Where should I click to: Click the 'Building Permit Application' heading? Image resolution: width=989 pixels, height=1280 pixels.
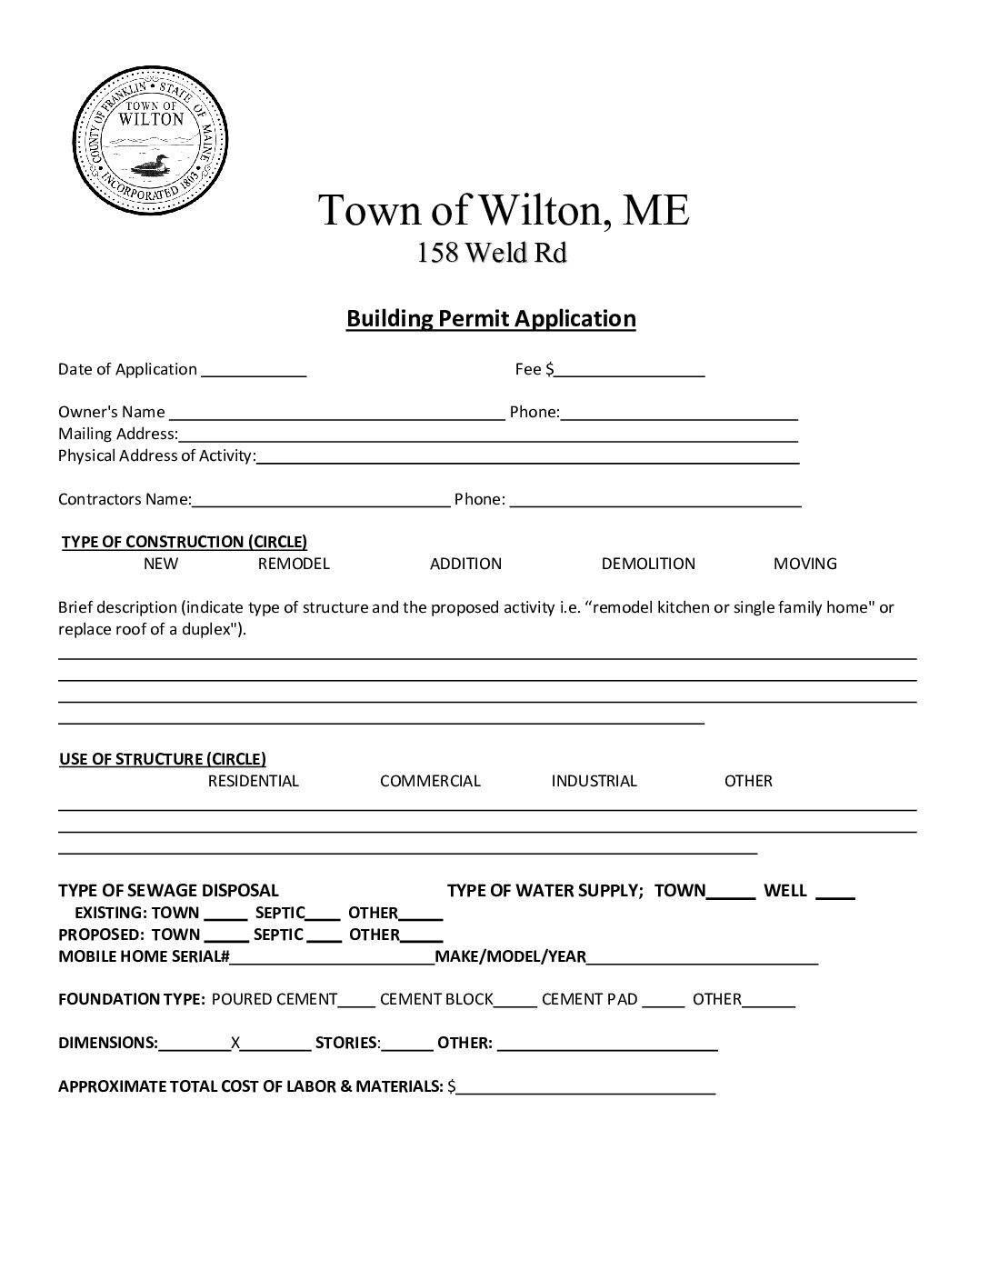pos(491,319)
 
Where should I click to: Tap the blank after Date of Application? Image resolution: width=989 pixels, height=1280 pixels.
pos(254,371)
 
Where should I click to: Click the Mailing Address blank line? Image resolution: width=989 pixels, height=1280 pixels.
pos(488,435)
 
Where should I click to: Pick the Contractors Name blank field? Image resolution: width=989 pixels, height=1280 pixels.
pos(321,500)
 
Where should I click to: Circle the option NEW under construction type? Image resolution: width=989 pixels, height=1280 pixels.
pos(161,564)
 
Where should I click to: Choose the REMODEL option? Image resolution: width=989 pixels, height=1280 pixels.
pos(294,564)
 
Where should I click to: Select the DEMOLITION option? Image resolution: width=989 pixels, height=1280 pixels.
pos(648,564)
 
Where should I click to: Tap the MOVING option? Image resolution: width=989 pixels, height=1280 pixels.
pos(804,564)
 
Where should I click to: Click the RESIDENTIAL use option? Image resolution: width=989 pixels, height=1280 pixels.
pos(254,781)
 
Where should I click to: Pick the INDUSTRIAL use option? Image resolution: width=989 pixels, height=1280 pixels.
pos(594,781)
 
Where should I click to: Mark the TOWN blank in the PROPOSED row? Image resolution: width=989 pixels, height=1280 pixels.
pos(225,936)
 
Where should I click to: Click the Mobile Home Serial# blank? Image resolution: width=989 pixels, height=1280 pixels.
pos(332,958)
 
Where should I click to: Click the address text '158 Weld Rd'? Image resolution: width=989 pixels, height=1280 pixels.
pos(492,253)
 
